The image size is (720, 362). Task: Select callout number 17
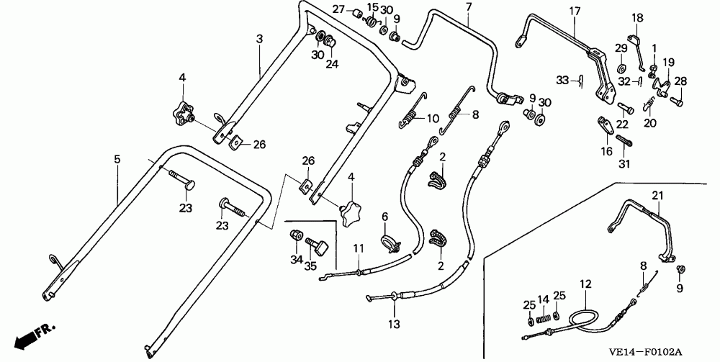tap(575, 11)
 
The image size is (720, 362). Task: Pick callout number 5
tap(117, 156)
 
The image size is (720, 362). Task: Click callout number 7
tap(468, 7)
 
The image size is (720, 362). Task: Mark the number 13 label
tap(394, 325)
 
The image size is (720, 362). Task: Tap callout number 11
tap(356, 249)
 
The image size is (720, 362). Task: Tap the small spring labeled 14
tap(545, 316)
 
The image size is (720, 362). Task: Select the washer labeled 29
tap(621, 68)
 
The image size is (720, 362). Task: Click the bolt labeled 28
tap(677, 101)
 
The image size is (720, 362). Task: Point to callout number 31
tap(624, 163)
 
